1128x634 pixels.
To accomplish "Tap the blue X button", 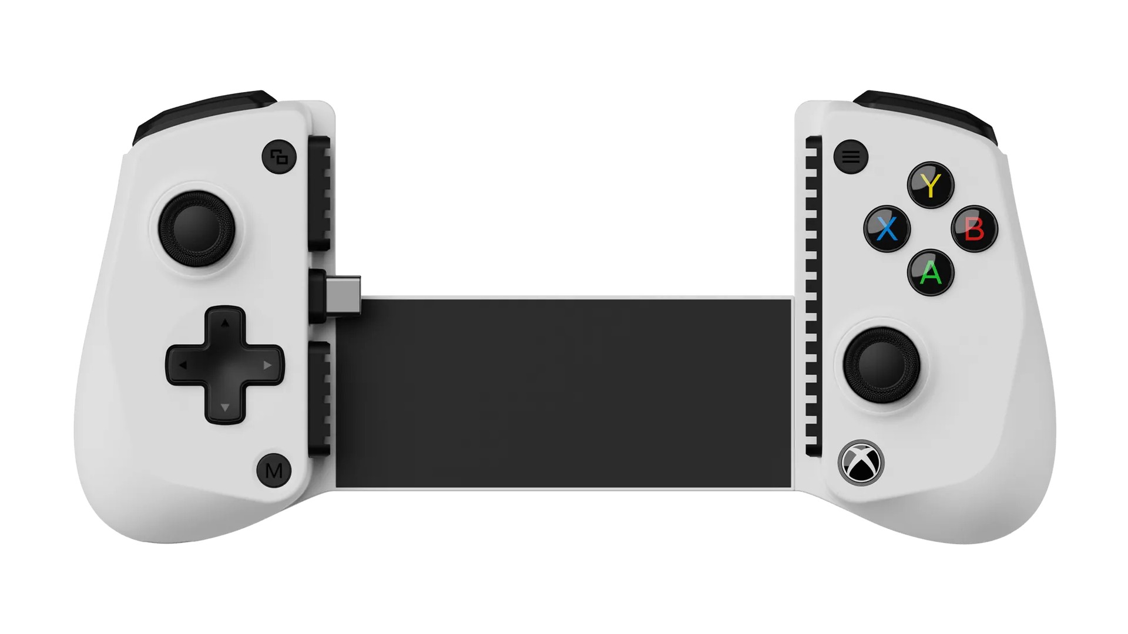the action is click(887, 228).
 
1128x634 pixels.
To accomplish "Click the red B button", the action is click(974, 228).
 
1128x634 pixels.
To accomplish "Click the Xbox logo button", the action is click(861, 462).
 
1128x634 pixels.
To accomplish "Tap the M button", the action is click(274, 470).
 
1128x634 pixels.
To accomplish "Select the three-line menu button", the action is click(851, 157).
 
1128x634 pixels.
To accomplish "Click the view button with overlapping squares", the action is click(279, 157).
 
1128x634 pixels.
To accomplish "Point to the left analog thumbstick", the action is click(197, 228).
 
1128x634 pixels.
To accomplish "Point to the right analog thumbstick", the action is click(881, 365).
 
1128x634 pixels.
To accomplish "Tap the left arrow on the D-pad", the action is click(183, 365).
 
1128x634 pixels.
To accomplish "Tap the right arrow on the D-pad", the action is click(267, 365).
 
